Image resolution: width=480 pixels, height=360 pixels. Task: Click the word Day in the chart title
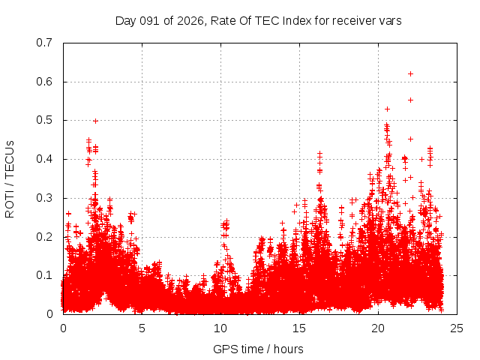(126, 21)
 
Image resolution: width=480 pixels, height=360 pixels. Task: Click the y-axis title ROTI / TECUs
(10, 178)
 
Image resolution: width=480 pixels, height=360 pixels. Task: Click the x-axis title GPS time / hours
(258, 349)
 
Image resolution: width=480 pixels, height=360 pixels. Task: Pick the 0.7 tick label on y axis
(44, 43)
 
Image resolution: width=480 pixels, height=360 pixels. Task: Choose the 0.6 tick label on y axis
(44, 82)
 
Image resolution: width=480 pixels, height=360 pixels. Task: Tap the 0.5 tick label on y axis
(44, 120)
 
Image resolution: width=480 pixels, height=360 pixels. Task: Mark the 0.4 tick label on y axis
(44, 159)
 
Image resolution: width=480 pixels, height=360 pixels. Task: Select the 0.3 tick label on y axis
(44, 198)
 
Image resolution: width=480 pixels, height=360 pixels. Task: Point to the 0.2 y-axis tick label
(44, 237)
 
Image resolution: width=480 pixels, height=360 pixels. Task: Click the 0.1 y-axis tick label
(44, 275)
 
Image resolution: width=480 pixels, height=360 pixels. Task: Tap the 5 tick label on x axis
(142, 328)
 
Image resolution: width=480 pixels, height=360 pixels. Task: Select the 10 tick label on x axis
(220, 328)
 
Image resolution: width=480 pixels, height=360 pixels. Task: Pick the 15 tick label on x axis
(299, 328)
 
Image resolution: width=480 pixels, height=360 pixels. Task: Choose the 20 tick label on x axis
(378, 328)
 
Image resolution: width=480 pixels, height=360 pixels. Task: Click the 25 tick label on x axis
(457, 328)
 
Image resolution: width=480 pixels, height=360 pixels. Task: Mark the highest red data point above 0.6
(410, 73)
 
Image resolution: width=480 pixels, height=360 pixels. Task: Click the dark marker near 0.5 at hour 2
(95, 121)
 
